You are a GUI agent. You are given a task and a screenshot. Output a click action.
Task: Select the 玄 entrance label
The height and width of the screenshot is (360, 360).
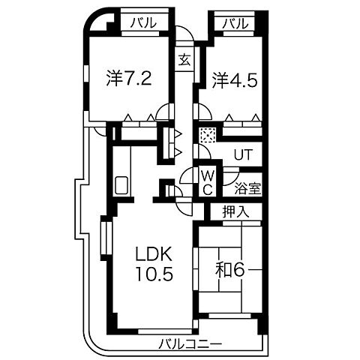click(x=184, y=59)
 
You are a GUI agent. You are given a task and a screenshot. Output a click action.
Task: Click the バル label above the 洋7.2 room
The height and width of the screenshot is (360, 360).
click(x=143, y=23)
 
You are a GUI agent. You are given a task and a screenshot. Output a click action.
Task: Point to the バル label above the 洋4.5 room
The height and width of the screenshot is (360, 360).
click(x=235, y=23)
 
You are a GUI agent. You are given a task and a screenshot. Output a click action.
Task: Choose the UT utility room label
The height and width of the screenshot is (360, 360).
click(x=242, y=156)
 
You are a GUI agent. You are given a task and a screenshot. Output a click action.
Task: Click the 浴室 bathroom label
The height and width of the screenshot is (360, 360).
click(x=247, y=188)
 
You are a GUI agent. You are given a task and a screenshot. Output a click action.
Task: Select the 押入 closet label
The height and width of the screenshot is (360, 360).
click(x=235, y=212)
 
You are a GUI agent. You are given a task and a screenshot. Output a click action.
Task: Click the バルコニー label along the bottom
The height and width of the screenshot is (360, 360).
click(x=190, y=345)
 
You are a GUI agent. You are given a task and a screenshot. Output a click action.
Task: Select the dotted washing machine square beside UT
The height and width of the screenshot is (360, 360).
click(x=207, y=136)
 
